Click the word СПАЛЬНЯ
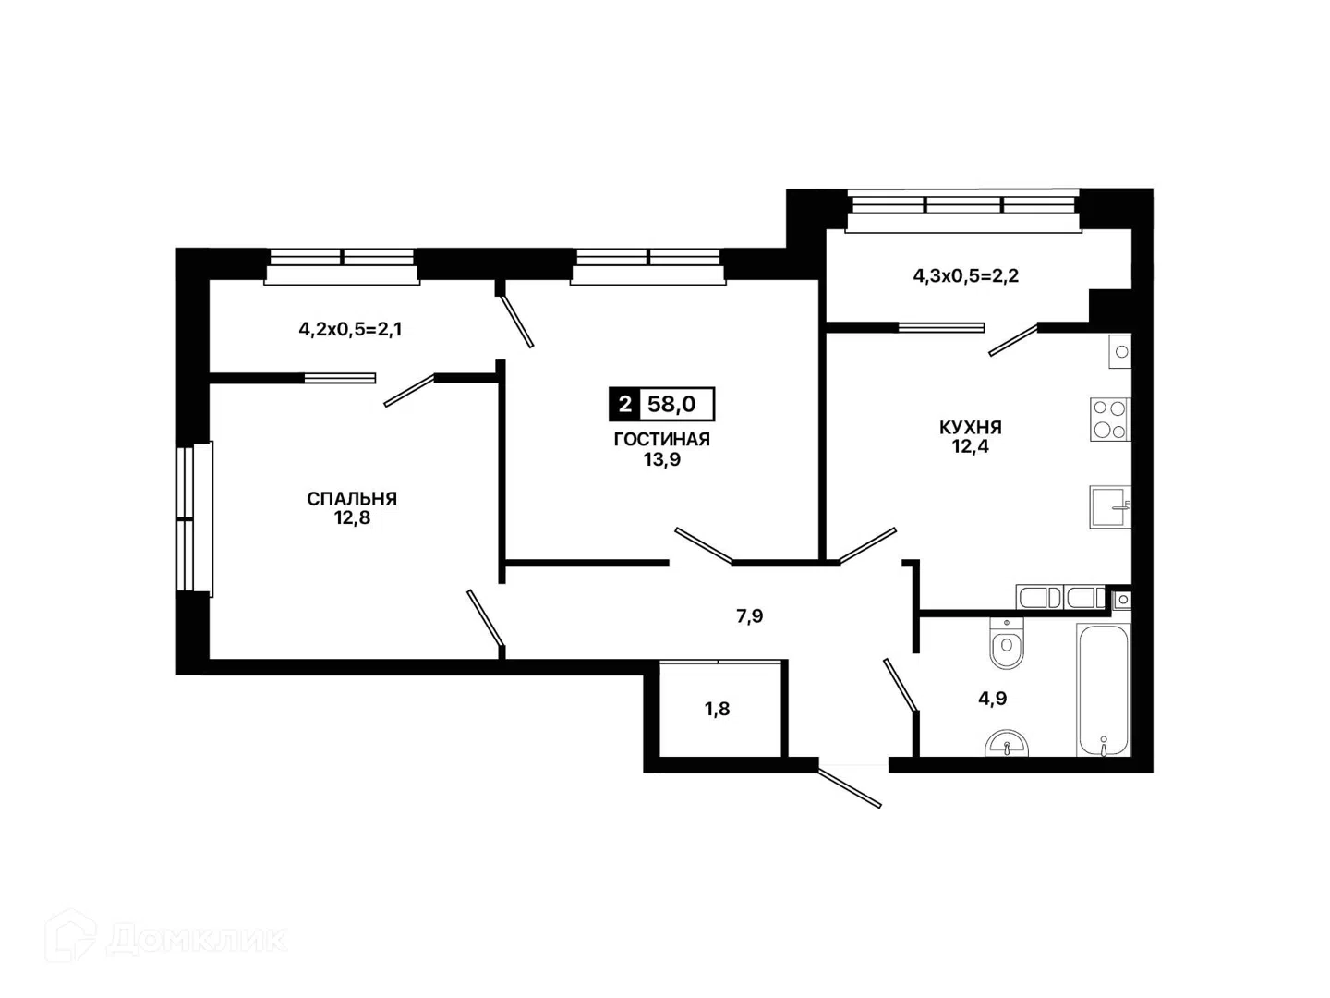pos(352,499)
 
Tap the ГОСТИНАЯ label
pos(661,439)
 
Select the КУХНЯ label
pos(970,427)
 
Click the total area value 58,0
pos(672,404)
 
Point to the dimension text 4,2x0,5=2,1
pos(350,330)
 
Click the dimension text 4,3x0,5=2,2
pos(966,276)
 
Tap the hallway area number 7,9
pos(750,616)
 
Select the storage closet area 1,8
pos(717,709)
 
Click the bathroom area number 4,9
pos(993,699)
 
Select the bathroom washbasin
pos(1007,744)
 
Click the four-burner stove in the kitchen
pos(1109,420)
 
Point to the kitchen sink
pos(1109,506)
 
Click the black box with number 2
pos(624,404)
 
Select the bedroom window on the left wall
pos(195,519)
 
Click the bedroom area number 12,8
pos(352,518)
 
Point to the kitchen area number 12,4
pos(970,446)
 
